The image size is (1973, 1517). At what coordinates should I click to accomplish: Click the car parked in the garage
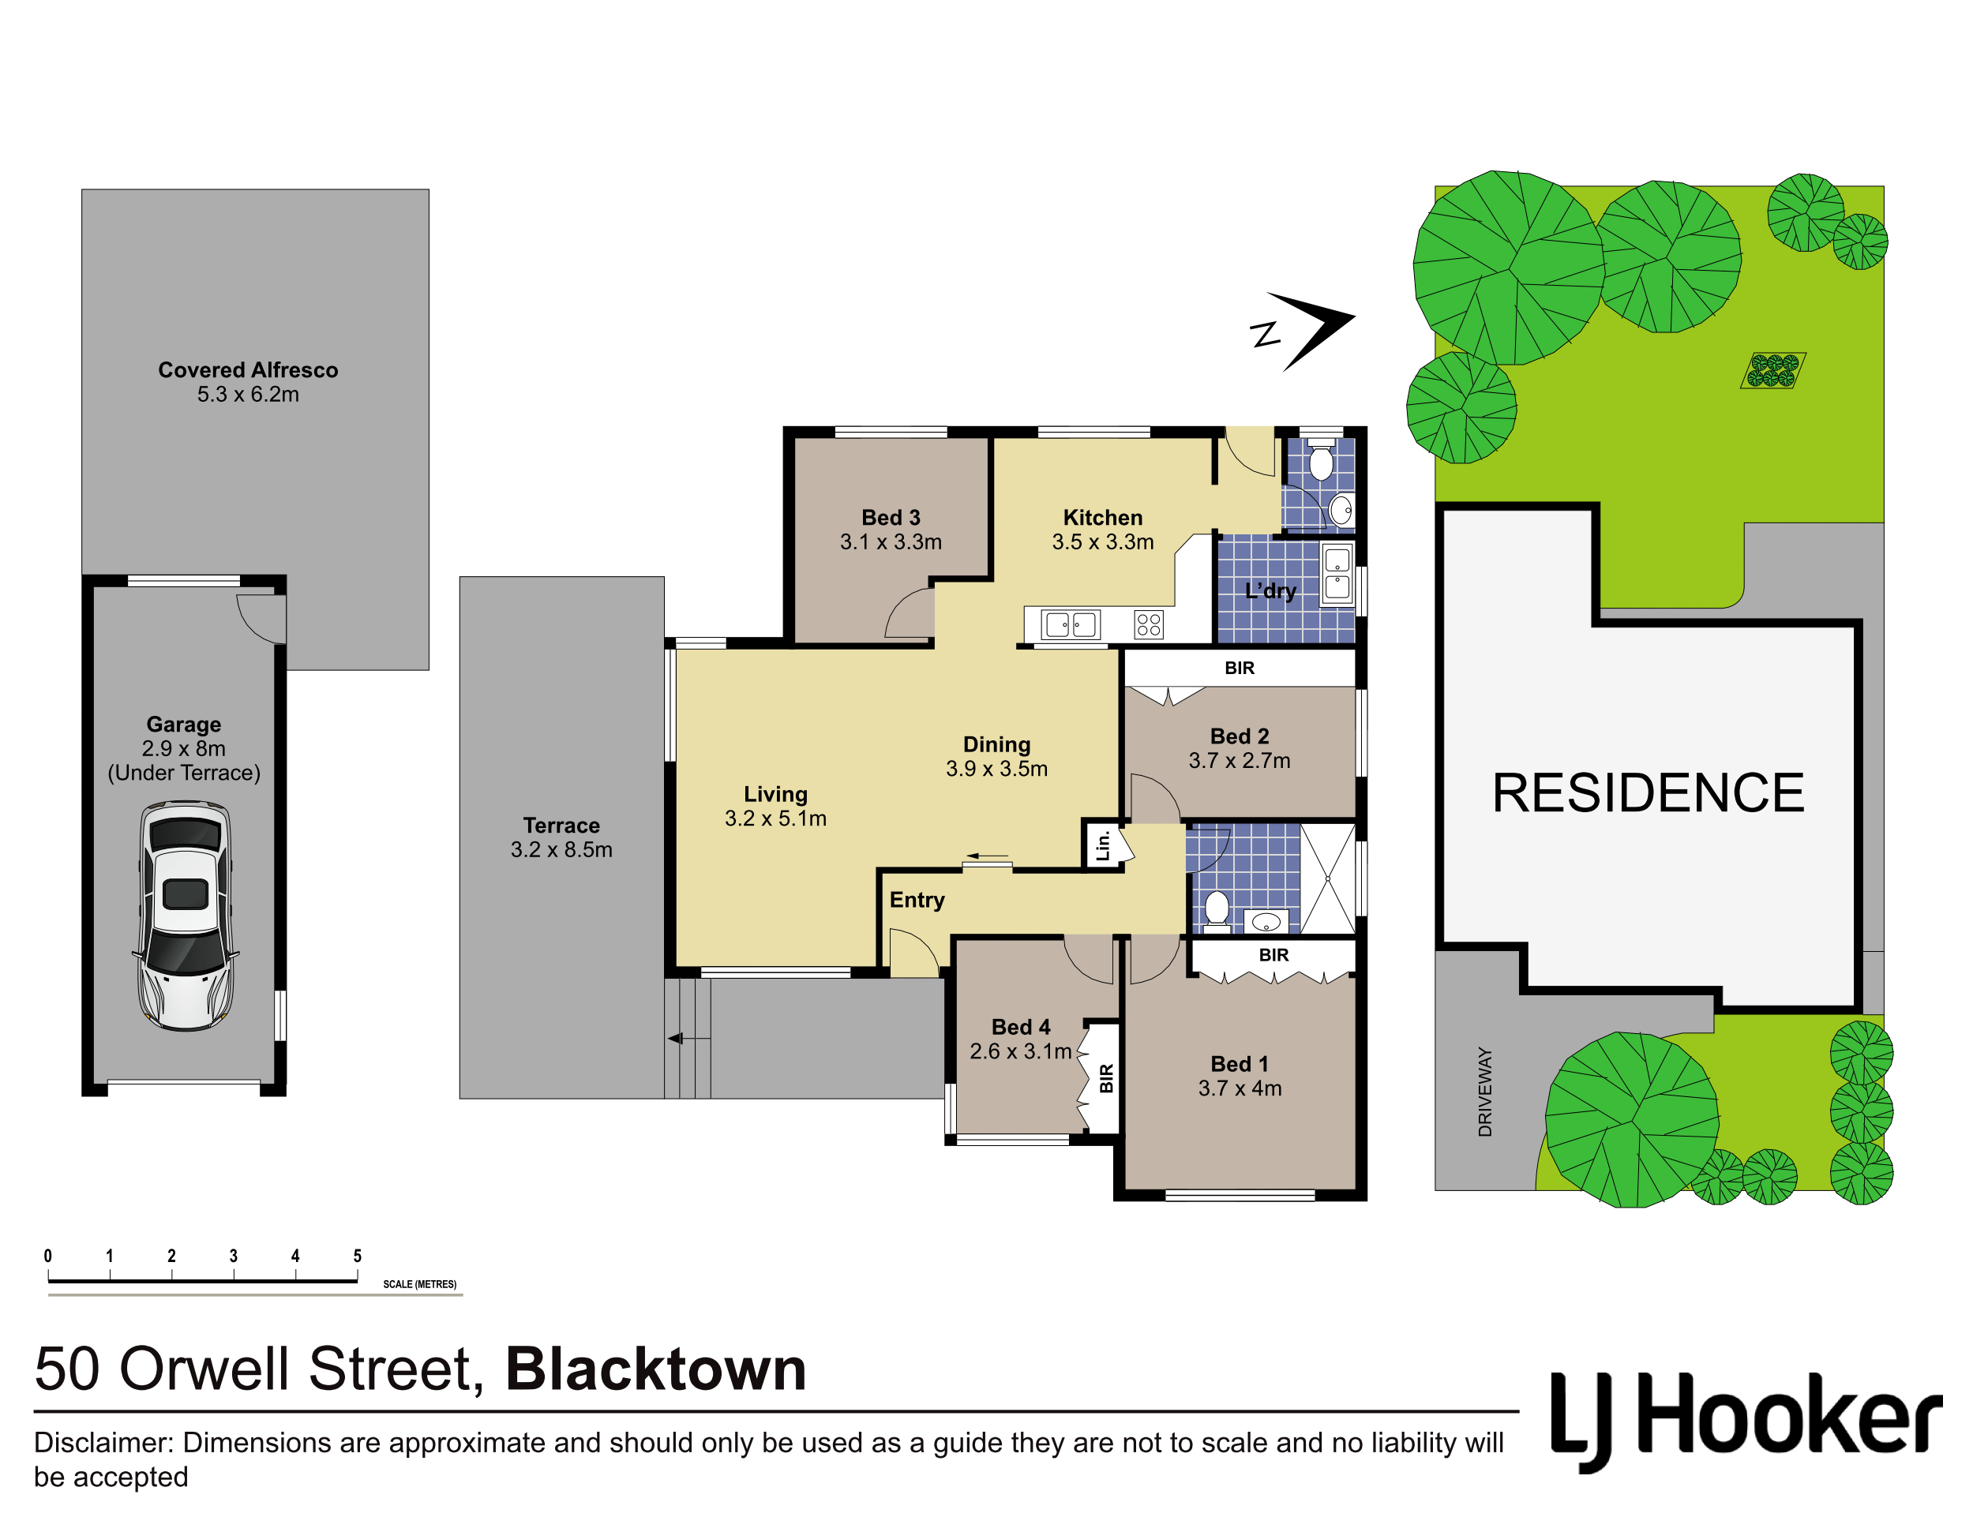point(186,916)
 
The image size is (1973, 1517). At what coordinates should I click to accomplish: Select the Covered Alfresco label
point(249,370)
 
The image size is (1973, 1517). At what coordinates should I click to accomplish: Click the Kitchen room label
point(1103,519)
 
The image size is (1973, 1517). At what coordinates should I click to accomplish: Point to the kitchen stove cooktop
point(1149,624)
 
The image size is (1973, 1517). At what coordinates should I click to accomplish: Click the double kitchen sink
point(1071,624)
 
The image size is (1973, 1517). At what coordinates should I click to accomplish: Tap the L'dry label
point(1270,591)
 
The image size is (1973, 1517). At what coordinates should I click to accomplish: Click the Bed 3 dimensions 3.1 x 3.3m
point(891,541)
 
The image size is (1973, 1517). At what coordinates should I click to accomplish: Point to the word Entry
point(917,901)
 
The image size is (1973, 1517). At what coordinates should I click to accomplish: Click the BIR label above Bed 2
point(1240,669)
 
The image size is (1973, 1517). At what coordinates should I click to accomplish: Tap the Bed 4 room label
point(1021,1028)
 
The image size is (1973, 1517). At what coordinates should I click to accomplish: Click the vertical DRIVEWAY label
point(1485,1092)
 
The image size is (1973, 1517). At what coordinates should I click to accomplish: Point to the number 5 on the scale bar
point(358,1256)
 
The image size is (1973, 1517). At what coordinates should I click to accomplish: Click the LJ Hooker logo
point(1746,1421)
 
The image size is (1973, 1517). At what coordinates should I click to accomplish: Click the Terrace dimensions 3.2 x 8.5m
point(561,850)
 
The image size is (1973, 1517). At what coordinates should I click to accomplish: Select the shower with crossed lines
point(1328,878)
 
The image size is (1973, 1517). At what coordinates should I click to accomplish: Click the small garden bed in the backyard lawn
point(1772,370)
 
